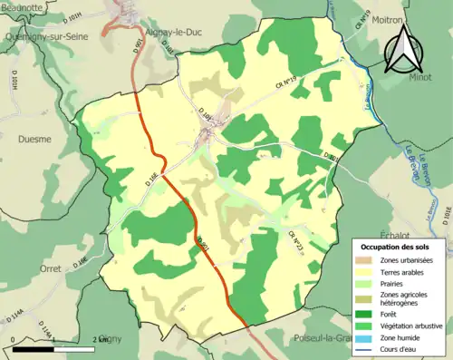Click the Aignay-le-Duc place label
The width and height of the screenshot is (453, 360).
[x=206, y=29]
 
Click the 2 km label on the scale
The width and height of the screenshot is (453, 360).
[x=101, y=339]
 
